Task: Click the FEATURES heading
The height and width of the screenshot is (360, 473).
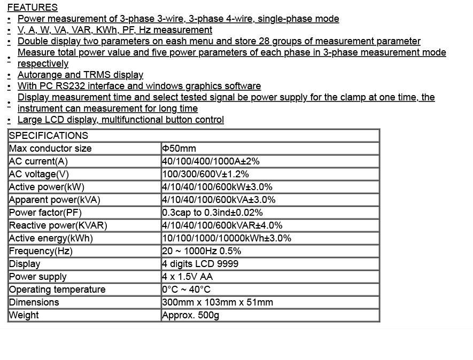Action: (x=33, y=7)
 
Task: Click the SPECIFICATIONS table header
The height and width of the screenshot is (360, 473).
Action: (x=49, y=136)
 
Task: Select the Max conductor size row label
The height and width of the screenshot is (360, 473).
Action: (x=50, y=148)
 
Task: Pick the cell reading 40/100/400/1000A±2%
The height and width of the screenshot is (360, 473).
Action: (x=211, y=161)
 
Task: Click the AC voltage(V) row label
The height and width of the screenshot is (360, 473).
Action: (x=39, y=174)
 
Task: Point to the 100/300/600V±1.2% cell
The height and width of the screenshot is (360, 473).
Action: (x=205, y=174)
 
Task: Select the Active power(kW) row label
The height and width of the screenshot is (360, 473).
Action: (x=46, y=187)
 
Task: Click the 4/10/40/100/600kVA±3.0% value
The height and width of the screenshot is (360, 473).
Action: (x=219, y=200)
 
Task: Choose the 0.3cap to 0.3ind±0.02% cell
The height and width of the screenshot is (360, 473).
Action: (x=212, y=213)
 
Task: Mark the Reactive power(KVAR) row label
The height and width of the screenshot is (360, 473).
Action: (x=58, y=225)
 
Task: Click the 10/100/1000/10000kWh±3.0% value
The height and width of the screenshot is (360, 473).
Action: (x=227, y=238)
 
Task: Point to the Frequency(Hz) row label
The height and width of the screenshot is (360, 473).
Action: (x=41, y=251)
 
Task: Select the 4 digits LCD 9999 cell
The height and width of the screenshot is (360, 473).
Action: (x=200, y=264)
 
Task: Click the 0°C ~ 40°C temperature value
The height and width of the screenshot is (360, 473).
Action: (x=186, y=289)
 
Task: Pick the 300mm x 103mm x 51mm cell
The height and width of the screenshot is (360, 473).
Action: (x=218, y=302)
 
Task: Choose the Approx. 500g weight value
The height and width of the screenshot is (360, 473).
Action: (x=191, y=315)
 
